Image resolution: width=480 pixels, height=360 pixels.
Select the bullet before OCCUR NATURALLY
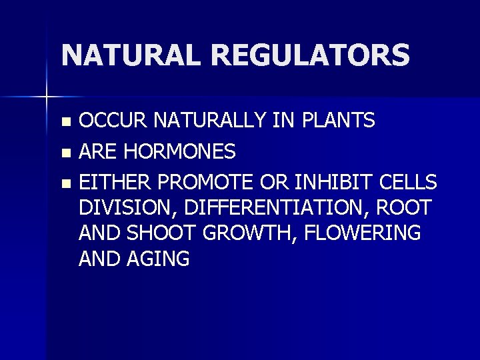(65, 122)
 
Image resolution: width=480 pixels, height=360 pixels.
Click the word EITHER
(112, 182)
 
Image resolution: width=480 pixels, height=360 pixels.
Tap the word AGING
(160, 259)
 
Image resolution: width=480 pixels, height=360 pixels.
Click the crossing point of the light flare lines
(47, 98)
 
